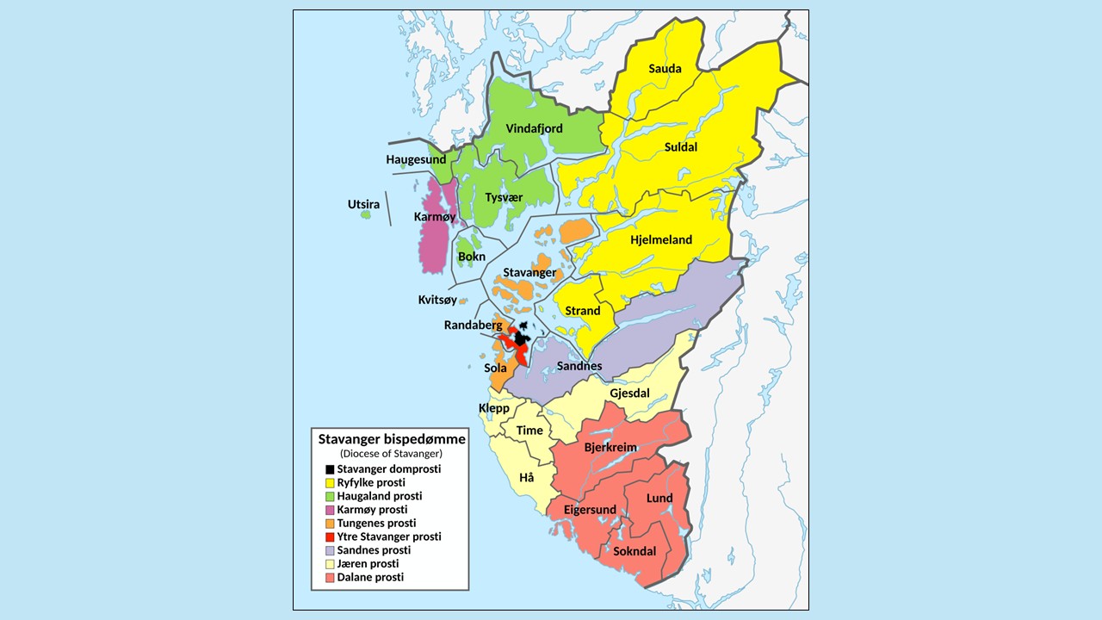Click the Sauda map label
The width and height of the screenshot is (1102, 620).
point(665,69)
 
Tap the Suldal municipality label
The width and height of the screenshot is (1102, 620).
point(680,147)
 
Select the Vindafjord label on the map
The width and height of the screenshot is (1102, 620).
point(534,129)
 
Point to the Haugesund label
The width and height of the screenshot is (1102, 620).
point(416,160)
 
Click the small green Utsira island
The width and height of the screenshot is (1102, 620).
point(366,214)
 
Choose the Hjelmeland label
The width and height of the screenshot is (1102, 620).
point(661,240)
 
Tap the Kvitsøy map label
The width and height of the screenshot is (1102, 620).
point(437,301)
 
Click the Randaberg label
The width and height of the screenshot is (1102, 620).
point(473,325)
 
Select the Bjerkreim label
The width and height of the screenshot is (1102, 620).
point(610,449)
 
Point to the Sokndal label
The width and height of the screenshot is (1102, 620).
point(635,551)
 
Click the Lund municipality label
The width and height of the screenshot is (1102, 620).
point(659,499)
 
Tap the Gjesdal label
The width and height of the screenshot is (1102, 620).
point(629,394)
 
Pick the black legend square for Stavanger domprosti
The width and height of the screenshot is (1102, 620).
point(329,470)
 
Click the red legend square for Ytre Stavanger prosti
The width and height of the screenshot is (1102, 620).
point(329,537)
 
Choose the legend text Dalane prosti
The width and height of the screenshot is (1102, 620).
point(370,577)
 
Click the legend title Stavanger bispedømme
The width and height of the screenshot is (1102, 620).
point(392,439)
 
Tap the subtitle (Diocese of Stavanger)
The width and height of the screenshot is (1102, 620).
point(391,454)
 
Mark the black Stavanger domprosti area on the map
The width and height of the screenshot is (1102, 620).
point(520,338)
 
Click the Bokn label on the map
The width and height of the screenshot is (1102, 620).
point(471,257)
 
